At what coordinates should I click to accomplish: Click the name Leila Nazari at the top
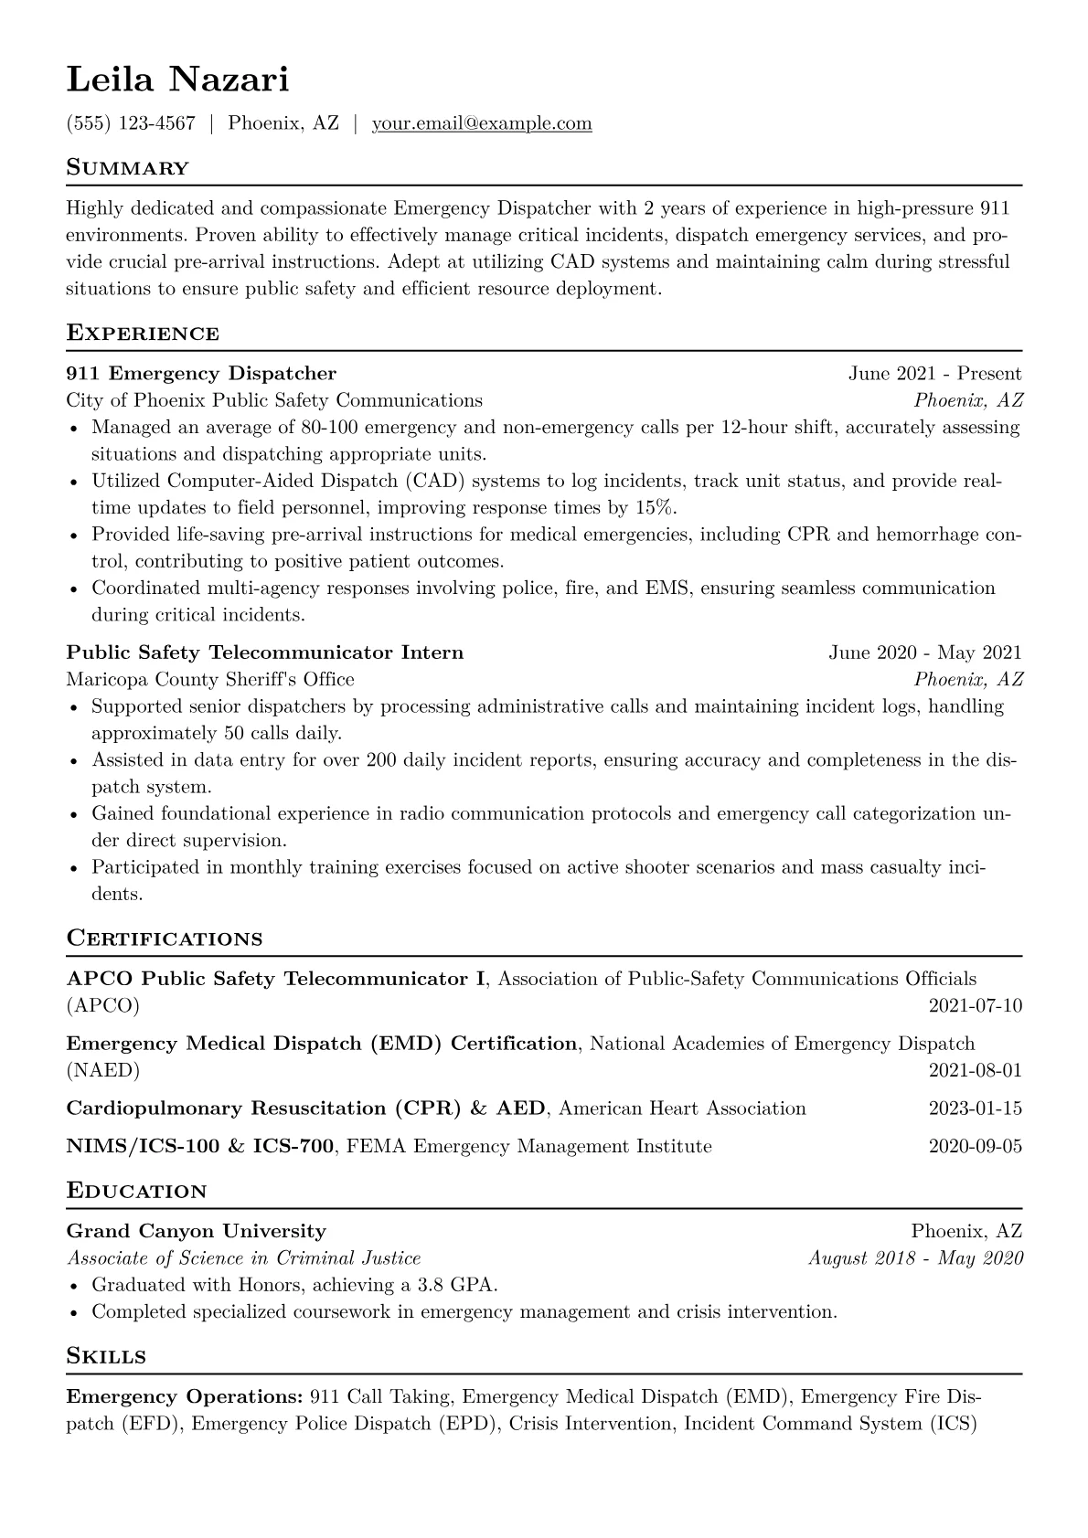pos(177,80)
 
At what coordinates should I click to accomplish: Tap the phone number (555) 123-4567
pos(131,123)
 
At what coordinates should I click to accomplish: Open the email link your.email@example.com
pos(482,123)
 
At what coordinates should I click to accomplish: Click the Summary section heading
pos(127,168)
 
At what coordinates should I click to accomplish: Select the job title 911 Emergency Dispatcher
pos(201,374)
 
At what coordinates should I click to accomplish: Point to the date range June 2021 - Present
pos(934,374)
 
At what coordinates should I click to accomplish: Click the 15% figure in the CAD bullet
pos(654,508)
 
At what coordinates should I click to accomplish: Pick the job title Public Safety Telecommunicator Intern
pos(265,652)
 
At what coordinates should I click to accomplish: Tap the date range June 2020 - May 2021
pos(925,652)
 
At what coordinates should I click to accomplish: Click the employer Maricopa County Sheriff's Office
pos(210,679)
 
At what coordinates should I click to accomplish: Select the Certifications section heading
pos(165,939)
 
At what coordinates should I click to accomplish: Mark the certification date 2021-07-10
pos(975,1006)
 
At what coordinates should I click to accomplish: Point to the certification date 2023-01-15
pos(975,1108)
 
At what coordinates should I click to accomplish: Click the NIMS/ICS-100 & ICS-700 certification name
pos(199,1146)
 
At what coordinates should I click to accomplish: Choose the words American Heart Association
pos(682,1108)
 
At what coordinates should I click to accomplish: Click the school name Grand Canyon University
pos(196,1231)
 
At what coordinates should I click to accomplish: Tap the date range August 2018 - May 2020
pos(915,1258)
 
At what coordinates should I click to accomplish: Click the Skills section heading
pos(106,1356)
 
